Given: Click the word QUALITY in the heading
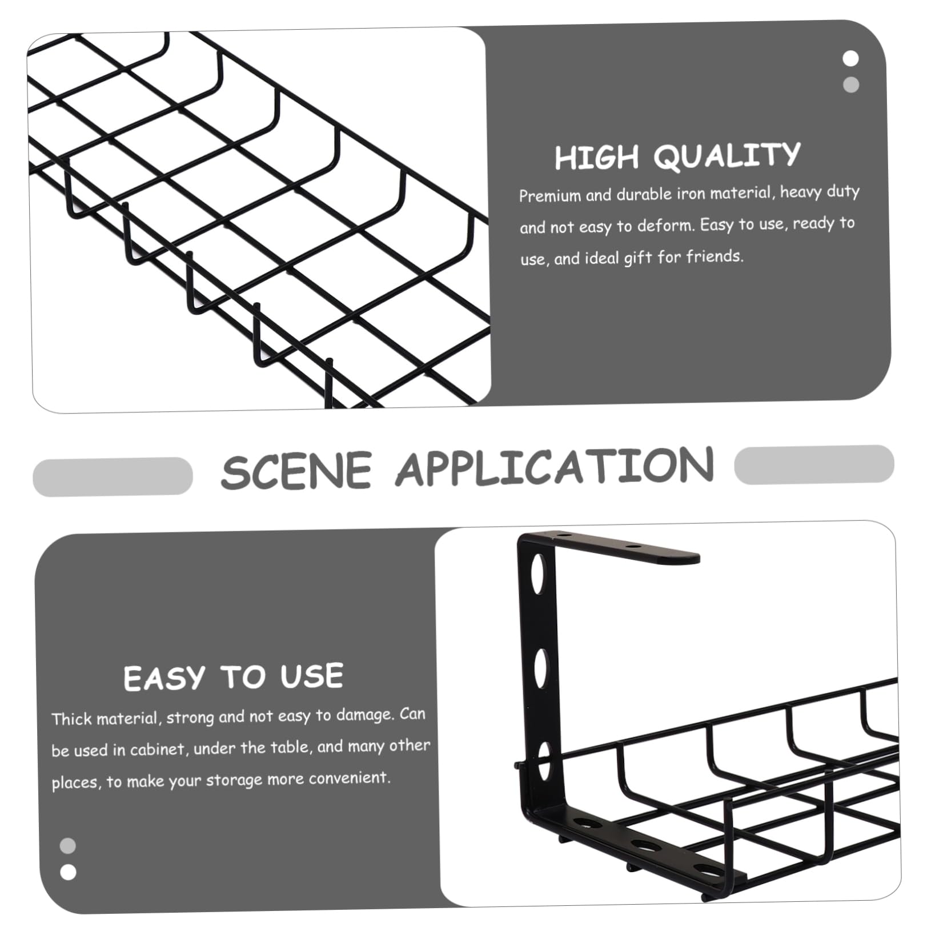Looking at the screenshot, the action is (727, 155).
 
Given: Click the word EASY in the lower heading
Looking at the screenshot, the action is (163, 678).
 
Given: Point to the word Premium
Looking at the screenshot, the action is (549, 196).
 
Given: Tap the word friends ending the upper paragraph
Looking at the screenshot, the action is (715, 256).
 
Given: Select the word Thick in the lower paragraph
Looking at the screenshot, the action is (72, 719).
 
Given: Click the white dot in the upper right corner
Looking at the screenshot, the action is (850, 59).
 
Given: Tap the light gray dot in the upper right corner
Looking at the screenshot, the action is (851, 85).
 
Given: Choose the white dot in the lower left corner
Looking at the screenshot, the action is (68, 872).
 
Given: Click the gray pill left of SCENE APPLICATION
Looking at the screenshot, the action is (113, 476).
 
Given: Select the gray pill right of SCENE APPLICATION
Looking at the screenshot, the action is (814, 464).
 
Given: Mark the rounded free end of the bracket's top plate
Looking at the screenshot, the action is (694, 558).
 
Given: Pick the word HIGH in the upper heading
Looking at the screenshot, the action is (597, 158).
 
